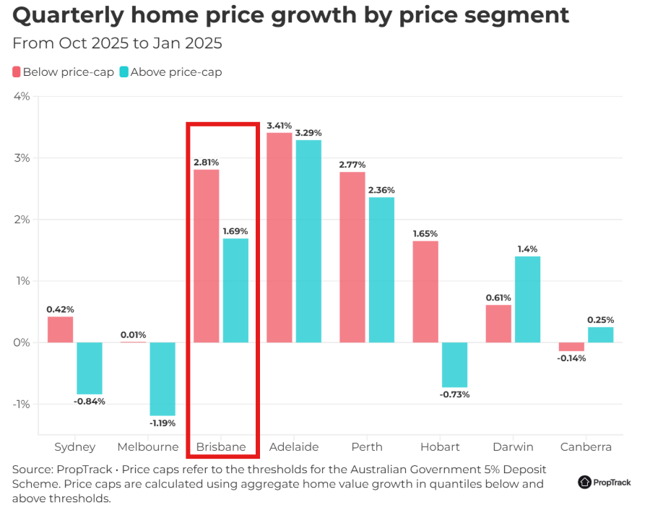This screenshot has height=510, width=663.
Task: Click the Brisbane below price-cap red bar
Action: (x=206, y=256)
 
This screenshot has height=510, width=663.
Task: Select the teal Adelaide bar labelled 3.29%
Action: (x=308, y=241)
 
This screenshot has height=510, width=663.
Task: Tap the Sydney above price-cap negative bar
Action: (x=90, y=368)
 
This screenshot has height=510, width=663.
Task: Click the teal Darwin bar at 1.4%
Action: (x=527, y=299)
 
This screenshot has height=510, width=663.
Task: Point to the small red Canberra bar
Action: (x=571, y=347)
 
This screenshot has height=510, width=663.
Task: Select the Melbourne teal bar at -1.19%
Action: (x=162, y=379)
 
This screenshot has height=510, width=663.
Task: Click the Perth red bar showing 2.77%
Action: (x=352, y=256)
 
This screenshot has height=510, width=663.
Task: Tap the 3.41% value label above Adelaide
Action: (x=279, y=126)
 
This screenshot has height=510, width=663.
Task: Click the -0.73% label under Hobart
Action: (x=455, y=394)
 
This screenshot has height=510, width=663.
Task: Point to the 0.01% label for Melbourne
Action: (x=133, y=334)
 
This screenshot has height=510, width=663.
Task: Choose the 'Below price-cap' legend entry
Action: (x=63, y=72)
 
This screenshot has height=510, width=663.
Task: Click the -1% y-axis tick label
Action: (x=20, y=404)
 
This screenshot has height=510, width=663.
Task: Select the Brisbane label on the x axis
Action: (x=221, y=447)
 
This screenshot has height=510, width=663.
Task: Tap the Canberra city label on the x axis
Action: (x=586, y=447)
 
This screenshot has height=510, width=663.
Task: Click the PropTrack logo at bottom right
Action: (x=604, y=483)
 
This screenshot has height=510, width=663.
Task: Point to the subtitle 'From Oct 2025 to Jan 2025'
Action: (x=117, y=43)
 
